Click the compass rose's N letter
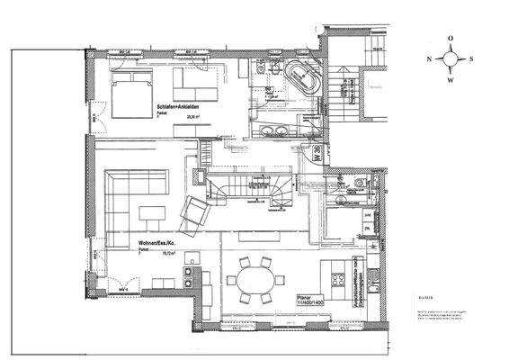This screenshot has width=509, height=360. (x=430, y=59)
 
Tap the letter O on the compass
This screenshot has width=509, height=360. (x=453, y=39)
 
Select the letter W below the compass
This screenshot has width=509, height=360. (x=453, y=81)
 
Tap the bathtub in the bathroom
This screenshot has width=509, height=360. (x=299, y=76)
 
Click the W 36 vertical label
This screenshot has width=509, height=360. (x=317, y=154)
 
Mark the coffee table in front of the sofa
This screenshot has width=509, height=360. (x=150, y=214)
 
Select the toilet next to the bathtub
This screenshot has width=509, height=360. (x=260, y=70)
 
